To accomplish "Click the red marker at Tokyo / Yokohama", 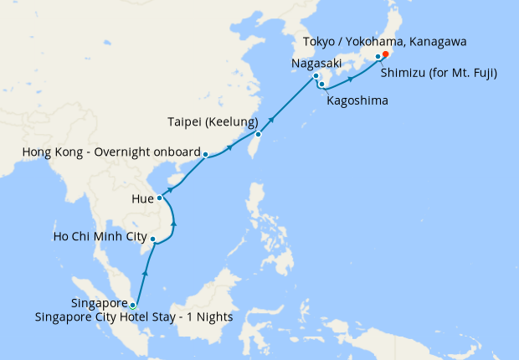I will coord(385,55).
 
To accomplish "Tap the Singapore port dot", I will coord(133,306).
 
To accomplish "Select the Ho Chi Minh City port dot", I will coord(152,239).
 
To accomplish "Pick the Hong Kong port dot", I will coord(206,154).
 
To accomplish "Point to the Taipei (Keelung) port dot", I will coord(259,134).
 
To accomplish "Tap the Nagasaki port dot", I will coord(316,77).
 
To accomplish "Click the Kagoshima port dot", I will coord(321,85).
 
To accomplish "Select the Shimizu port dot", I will coord(378,57).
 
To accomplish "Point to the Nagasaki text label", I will coord(316,62).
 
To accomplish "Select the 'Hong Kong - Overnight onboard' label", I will coord(109,153).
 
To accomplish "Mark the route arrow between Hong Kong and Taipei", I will coord(229,148).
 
